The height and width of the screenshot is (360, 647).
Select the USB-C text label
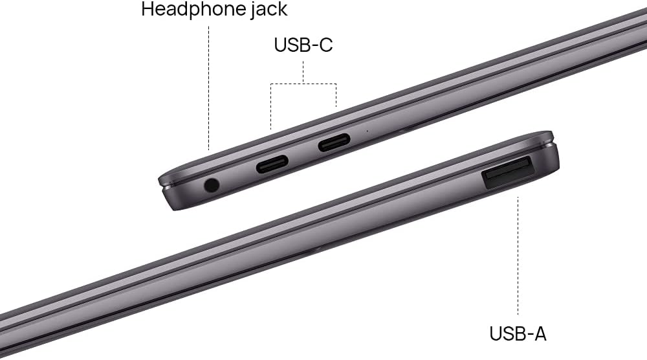tap(303, 45)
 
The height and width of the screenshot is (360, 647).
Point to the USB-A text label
tap(518, 333)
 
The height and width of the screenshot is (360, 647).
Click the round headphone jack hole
tap(212, 185)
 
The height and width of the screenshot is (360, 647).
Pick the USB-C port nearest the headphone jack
tap(272, 164)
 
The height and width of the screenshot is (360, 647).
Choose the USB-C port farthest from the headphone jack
tap(334, 142)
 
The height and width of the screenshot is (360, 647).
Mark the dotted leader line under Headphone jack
tap(209, 88)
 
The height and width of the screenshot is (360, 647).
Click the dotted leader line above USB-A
tap(518, 256)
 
